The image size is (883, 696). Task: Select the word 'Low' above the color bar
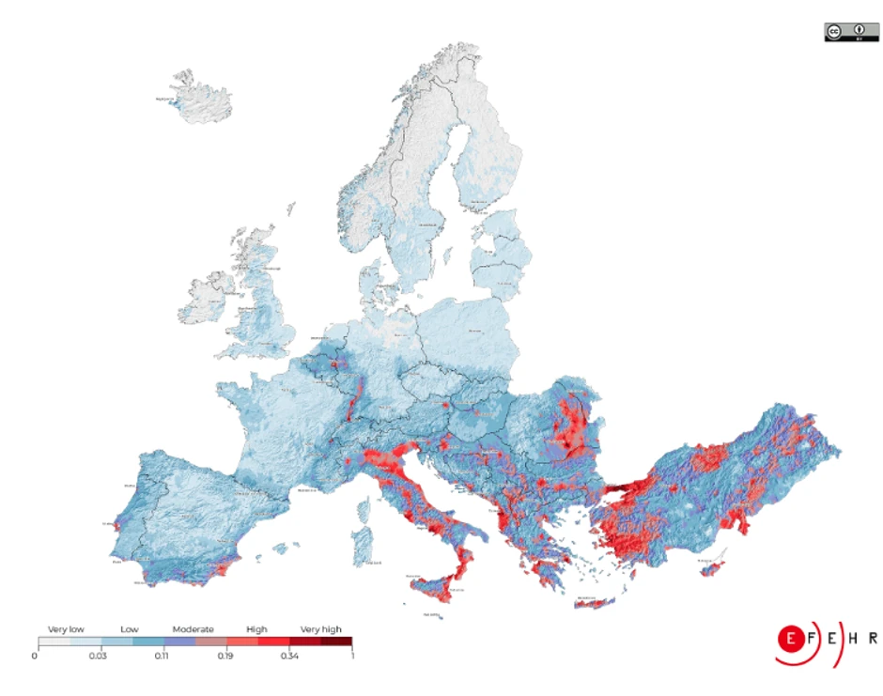point(130,629)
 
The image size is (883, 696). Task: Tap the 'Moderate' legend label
point(193,629)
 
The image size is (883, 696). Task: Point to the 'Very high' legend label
point(321,629)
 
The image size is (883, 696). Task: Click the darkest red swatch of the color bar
point(343,642)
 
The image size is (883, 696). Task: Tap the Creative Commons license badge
point(851,31)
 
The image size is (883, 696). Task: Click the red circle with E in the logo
point(792,639)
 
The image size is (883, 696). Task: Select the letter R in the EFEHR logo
point(873,639)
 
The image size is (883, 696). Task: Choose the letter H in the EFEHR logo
point(853,639)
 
